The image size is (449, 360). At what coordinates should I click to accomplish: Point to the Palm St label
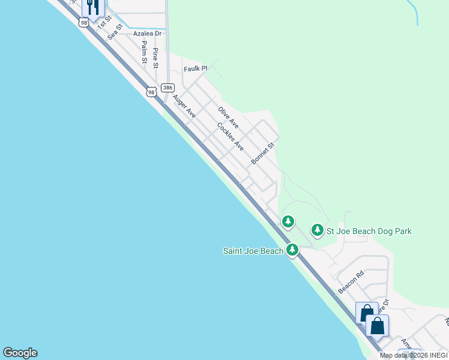point(145,52)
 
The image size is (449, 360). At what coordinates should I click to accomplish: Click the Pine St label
point(155,58)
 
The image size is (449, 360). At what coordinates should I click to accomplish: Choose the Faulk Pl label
point(195,69)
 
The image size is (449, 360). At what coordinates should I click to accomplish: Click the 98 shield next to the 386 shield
point(151,91)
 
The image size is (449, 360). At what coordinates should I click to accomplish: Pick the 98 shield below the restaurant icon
point(83,22)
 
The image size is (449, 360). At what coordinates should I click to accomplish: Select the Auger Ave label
point(184,105)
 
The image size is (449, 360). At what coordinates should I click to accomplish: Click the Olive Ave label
point(228,118)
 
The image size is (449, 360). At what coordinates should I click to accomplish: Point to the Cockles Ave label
point(231,137)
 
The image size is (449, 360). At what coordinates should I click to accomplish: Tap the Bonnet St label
point(262,154)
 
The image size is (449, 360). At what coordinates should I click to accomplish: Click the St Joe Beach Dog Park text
point(369,231)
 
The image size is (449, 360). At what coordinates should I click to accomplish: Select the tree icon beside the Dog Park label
point(317,230)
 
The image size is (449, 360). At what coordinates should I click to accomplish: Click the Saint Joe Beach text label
point(253,251)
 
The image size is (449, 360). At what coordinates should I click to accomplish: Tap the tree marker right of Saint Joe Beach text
point(292,250)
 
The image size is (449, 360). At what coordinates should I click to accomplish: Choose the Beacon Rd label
point(351,282)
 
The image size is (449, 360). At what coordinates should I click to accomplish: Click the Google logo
point(20,353)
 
